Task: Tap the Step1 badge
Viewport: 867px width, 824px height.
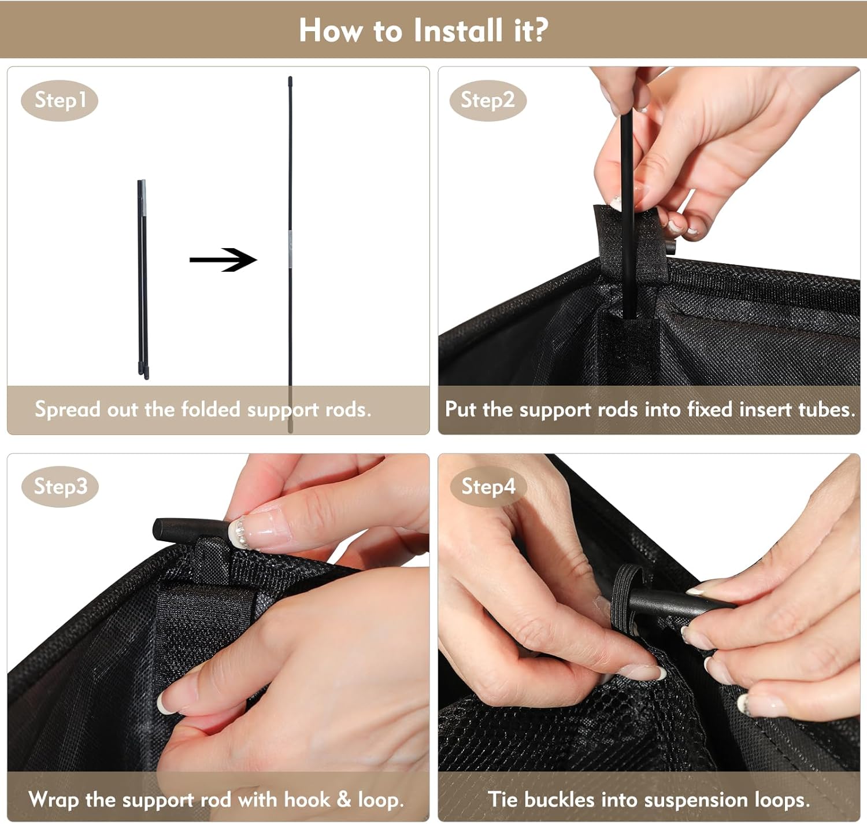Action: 60,100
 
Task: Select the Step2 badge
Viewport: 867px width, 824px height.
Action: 488,100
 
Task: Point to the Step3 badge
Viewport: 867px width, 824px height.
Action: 60,486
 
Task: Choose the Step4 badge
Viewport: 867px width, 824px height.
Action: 488,486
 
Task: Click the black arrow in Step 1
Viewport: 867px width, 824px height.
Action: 223,260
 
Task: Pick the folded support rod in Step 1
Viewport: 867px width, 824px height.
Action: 143,279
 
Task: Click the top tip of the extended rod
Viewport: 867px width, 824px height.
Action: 290,77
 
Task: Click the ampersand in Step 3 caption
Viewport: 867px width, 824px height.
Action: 343,799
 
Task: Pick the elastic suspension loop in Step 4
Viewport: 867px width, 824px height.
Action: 625,600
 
